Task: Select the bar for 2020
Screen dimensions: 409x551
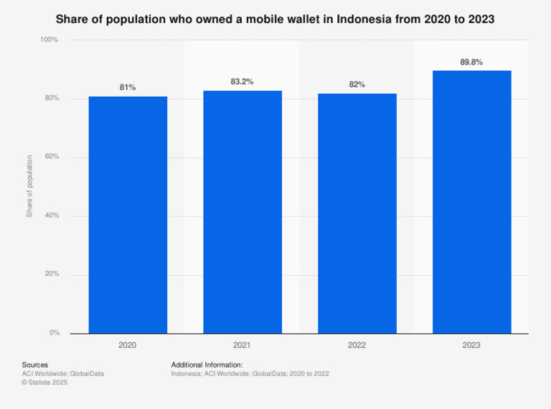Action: (x=128, y=215)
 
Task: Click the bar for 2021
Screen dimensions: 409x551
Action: (x=242, y=212)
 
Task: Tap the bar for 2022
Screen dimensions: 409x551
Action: (x=357, y=213)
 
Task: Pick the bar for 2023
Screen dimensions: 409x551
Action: (x=471, y=202)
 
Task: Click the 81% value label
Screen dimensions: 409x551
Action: (x=128, y=87)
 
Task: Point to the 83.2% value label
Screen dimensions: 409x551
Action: (x=242, y=82)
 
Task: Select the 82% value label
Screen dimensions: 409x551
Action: (x=357, y=85)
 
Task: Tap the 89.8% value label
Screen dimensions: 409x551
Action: (x=471, y=62)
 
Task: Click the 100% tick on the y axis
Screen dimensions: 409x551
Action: (x=49, y=39)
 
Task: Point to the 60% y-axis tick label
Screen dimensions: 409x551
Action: (x=51, y=157)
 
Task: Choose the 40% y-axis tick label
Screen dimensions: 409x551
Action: (x=51, y=216)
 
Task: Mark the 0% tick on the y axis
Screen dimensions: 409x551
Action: (x=54, y=333)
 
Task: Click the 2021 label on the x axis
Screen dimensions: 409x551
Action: (x=242, y=345)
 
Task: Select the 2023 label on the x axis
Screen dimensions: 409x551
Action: (x=471, y=345)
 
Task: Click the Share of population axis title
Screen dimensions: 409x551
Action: (x=29, y=186)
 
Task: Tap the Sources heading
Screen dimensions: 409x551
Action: (x=35, y=365)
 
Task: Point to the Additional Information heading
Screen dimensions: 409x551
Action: (x=207, y=365)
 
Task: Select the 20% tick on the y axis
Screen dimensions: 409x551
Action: (x=51, y=274)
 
